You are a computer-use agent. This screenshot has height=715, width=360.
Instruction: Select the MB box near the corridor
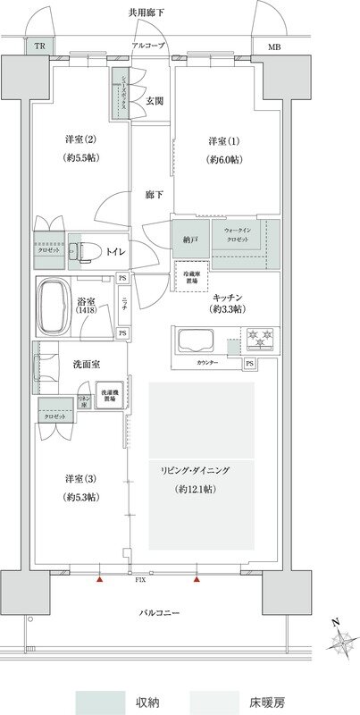[271, 46]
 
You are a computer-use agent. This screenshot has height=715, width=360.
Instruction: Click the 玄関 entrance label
[155, 101]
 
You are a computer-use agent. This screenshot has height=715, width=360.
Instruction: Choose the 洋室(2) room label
[80, 140]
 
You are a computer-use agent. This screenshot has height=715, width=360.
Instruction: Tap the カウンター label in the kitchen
[208, 364]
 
